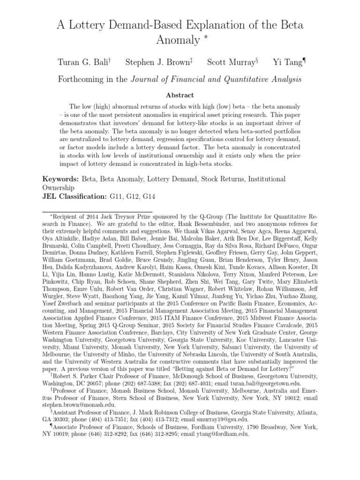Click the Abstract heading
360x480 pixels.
[180, 95]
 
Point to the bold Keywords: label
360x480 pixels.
[61, 179]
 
